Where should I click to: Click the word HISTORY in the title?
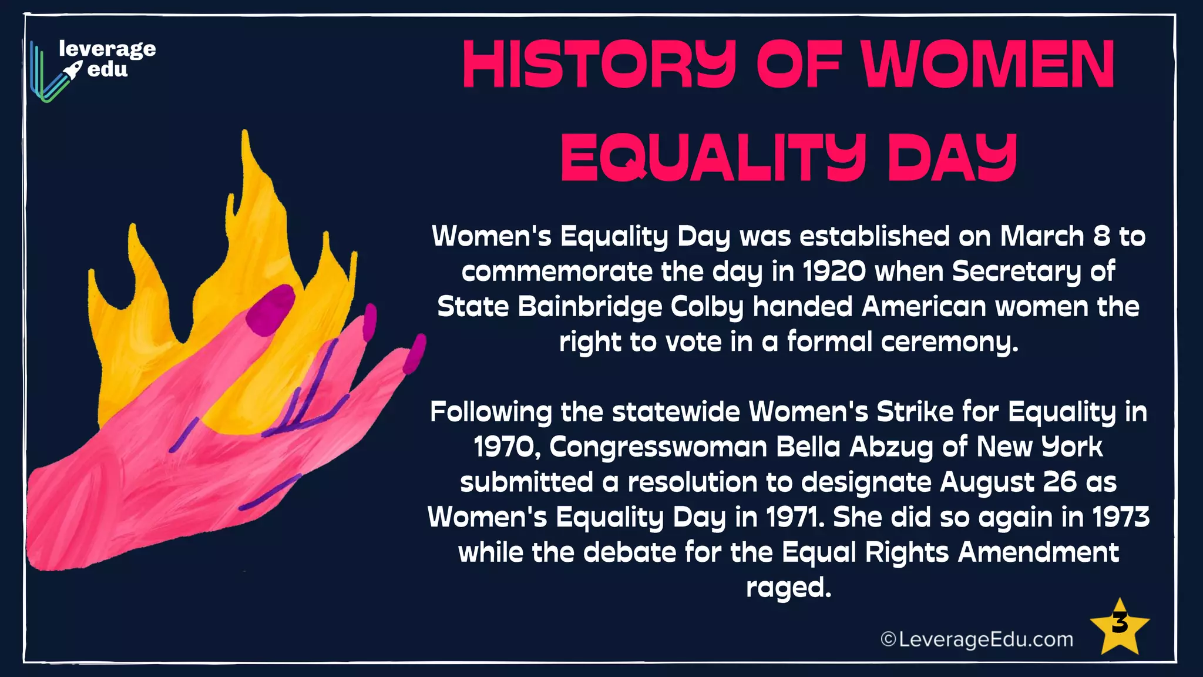coord(599,65)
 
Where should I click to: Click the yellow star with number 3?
coord(1119,628)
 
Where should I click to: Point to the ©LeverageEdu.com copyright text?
coord(977,639)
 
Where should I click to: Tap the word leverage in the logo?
coord(107,49)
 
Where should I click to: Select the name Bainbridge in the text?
coord(590,307)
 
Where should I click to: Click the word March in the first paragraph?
coord(1041,236)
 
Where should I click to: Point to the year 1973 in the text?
coord(1121,517)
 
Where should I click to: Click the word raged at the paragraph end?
coord(788,588)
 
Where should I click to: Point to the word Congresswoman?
coord(658,447)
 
